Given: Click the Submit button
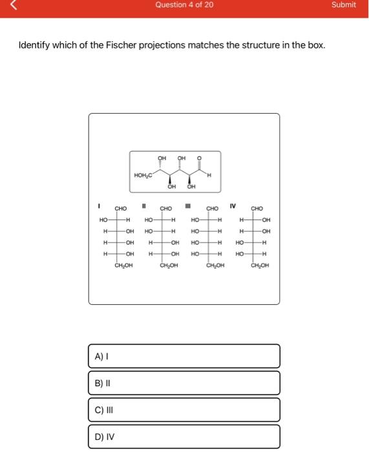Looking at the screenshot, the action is (x=343, y=5).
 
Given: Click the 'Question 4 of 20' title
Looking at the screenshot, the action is (x=184, y=5).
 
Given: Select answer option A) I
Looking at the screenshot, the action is (x=184, y=356).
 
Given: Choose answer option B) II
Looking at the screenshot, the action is (x=184, y=382).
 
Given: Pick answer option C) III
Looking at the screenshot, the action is (x=184, y=409).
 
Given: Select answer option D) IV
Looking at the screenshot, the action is (x=184, y=436).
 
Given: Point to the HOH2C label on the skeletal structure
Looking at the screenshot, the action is (x=143, y=175).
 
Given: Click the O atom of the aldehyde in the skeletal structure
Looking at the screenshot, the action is (x=199, y=157).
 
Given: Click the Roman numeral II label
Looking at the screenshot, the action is (x=145, y=207).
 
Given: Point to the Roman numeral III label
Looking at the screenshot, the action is (x=188, y=207).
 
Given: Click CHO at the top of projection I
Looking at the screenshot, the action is (x=121, y=209).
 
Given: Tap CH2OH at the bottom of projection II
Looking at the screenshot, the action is (x=169, y=265).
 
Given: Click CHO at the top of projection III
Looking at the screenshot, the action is (x=213, y=209).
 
